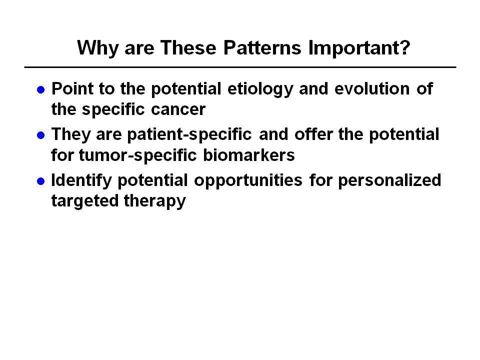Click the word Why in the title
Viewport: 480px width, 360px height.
coord(98,48)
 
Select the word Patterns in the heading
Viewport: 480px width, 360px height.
coord(262,47)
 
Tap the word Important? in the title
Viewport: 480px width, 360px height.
coord(359,48)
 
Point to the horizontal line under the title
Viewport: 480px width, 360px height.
coord(240,67)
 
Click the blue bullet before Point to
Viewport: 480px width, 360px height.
coord(40,89)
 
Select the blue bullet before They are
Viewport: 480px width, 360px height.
coord(40,135)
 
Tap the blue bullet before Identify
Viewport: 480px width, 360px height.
coord(40,181)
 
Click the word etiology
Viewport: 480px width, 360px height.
coord(260,89)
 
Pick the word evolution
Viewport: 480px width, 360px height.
coord(372,89)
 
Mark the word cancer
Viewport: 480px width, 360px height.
coord(178,110)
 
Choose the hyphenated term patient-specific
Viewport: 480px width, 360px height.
coord(189,135)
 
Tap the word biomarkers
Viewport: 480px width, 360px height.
coord(249,155)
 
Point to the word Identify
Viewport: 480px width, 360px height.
coord(81,180)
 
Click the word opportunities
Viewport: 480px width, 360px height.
coord(248,180)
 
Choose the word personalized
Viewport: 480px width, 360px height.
coord(389,180)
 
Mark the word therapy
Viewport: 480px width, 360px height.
coord(155,201)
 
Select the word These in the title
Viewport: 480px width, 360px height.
coord(188,47)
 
